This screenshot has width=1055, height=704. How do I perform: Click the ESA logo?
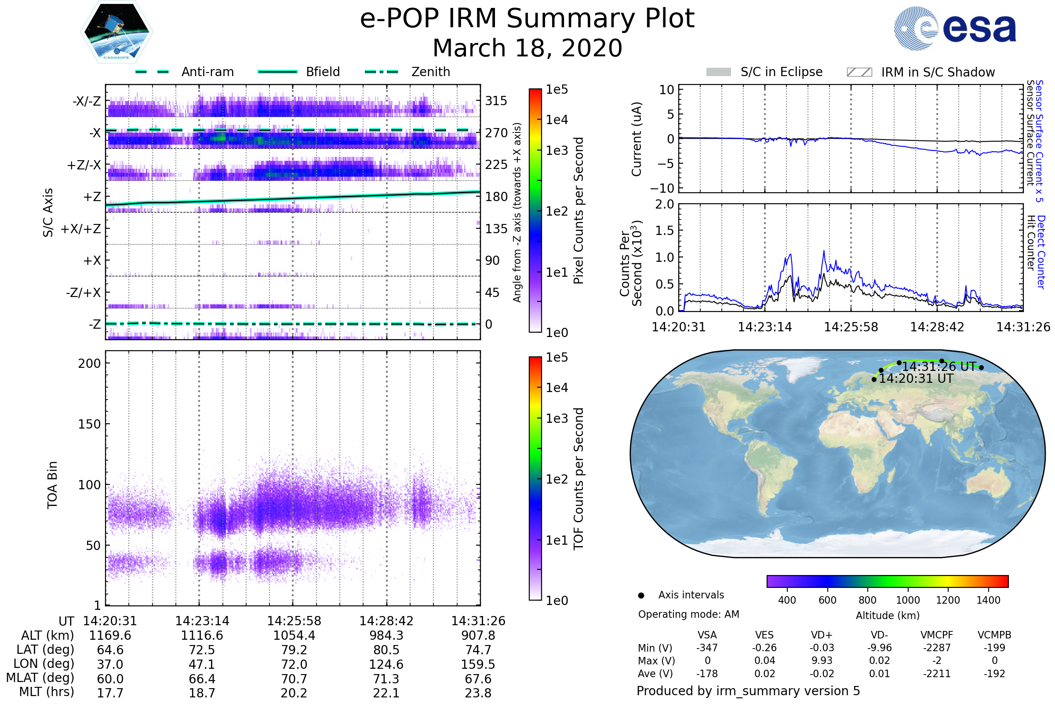954,28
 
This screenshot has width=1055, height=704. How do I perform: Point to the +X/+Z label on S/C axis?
81,229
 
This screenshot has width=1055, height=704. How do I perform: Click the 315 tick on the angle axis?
496,101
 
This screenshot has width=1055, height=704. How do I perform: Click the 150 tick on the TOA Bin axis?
89,424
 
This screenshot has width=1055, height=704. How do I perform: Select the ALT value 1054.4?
294,636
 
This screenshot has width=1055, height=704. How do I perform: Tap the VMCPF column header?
937,635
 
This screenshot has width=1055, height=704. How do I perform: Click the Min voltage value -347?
707,648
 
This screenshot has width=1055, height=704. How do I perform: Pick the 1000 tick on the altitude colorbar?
907,600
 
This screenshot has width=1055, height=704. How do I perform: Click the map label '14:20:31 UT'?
916,379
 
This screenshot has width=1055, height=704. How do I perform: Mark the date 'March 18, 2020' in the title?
527,48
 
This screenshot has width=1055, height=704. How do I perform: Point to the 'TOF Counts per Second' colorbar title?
578,479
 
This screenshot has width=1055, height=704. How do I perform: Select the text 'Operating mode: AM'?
688,614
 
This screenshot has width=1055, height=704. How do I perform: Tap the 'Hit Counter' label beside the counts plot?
1031,242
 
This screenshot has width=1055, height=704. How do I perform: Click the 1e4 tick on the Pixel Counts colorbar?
557,120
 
